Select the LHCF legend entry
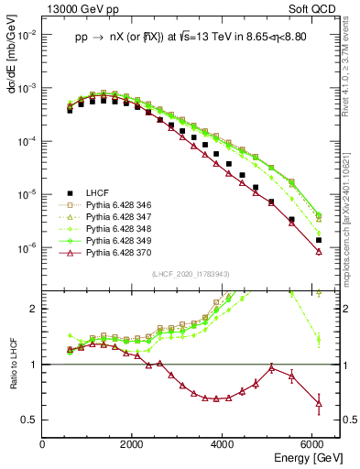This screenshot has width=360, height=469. click(96, 192)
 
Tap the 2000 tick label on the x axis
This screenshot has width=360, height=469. click(133, 444)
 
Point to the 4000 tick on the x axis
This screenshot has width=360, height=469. click(224, 444)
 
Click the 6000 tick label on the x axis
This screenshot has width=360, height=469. click(313, 444)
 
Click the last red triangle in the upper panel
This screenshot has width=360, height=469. click(318, 251)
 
